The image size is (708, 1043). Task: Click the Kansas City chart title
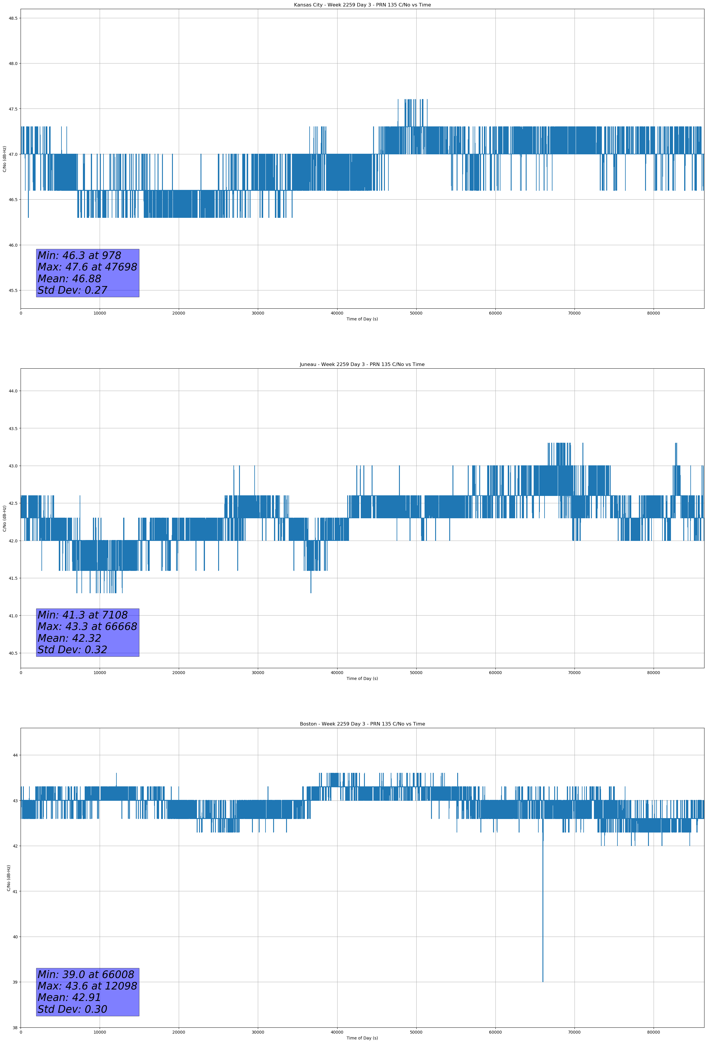click(x=362, y=5)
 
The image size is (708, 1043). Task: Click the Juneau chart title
click(x=362, y=365)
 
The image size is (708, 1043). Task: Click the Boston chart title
click(x=362, y=724)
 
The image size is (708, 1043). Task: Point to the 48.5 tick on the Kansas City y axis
click(x=13, y=18)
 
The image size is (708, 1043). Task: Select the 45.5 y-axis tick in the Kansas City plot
click(x=13, y=290)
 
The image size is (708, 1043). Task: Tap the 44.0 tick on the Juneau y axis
click(x=13, y=391)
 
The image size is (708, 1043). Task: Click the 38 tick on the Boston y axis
click(x=15, y=1028)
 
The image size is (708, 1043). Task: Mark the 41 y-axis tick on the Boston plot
click(x=15, y=891)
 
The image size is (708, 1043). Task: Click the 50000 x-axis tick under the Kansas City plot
click(x=416, y=313)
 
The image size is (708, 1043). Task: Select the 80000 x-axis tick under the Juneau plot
click(x=653, y=673)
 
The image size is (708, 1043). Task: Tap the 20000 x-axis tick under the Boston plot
click(x=179, y=1032)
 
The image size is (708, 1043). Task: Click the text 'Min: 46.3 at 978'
click(x=79, y=255)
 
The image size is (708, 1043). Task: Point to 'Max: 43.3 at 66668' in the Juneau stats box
click(x=87, y=626)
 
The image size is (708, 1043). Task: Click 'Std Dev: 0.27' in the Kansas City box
click(x=72, y=290)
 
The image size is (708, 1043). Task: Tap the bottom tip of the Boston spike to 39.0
click(x=543, y=982)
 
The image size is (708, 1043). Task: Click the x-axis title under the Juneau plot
click(x=362, y=678)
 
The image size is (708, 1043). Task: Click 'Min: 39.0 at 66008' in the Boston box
click(x=86, y=974)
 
